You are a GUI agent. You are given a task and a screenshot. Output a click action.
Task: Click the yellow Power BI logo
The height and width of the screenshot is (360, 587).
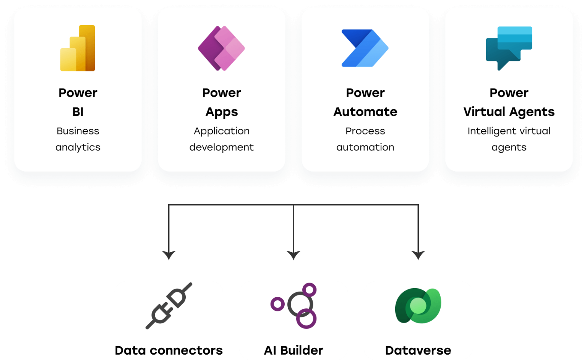(x=78, y=49)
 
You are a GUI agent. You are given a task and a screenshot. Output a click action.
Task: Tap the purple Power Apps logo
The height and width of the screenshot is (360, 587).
(x=221, y=49)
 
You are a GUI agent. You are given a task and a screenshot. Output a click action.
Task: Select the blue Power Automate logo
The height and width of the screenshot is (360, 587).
(x=365, y=49)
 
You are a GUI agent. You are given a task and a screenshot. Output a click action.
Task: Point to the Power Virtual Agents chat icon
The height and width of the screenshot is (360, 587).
(x=509, y=48)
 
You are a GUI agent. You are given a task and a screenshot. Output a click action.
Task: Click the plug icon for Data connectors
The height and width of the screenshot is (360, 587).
(x=169, y=306)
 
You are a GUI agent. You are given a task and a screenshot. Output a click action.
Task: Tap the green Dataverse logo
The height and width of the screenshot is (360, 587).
(x=418, y=306)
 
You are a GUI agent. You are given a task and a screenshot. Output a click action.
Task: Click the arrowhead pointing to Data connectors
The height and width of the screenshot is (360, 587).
(x=169, y=255)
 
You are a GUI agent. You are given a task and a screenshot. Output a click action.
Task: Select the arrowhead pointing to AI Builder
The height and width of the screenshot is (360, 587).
(x=293, y=255)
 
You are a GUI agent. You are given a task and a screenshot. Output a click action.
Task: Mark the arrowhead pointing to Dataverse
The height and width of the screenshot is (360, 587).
(x=418, y=255)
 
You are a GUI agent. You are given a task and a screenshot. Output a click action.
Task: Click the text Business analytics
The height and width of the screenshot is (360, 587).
(x=78, y=139)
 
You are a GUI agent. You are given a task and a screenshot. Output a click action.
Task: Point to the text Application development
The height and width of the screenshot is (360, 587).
(x=221, y=139)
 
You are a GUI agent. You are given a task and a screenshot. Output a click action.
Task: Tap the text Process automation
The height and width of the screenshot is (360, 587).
(x=365, y=139)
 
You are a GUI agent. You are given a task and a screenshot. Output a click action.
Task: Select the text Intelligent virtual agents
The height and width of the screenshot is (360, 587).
(x=509, y=139)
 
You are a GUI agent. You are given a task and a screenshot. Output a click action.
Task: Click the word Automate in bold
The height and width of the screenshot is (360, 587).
(x=365, y=112)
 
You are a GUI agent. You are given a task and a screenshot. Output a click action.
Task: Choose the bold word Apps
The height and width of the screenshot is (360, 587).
(x=222, y=112)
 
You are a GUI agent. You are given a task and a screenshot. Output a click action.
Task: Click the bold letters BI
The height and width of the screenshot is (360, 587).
(x=78, y=112)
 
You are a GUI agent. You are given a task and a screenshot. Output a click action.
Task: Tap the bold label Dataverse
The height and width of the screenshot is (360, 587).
(x=418, y=350)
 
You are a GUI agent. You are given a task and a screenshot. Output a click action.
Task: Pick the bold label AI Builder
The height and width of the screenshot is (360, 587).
(x=293, y=350)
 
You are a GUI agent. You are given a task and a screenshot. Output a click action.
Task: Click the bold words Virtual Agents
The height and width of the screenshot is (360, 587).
(x=509, y=112)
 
